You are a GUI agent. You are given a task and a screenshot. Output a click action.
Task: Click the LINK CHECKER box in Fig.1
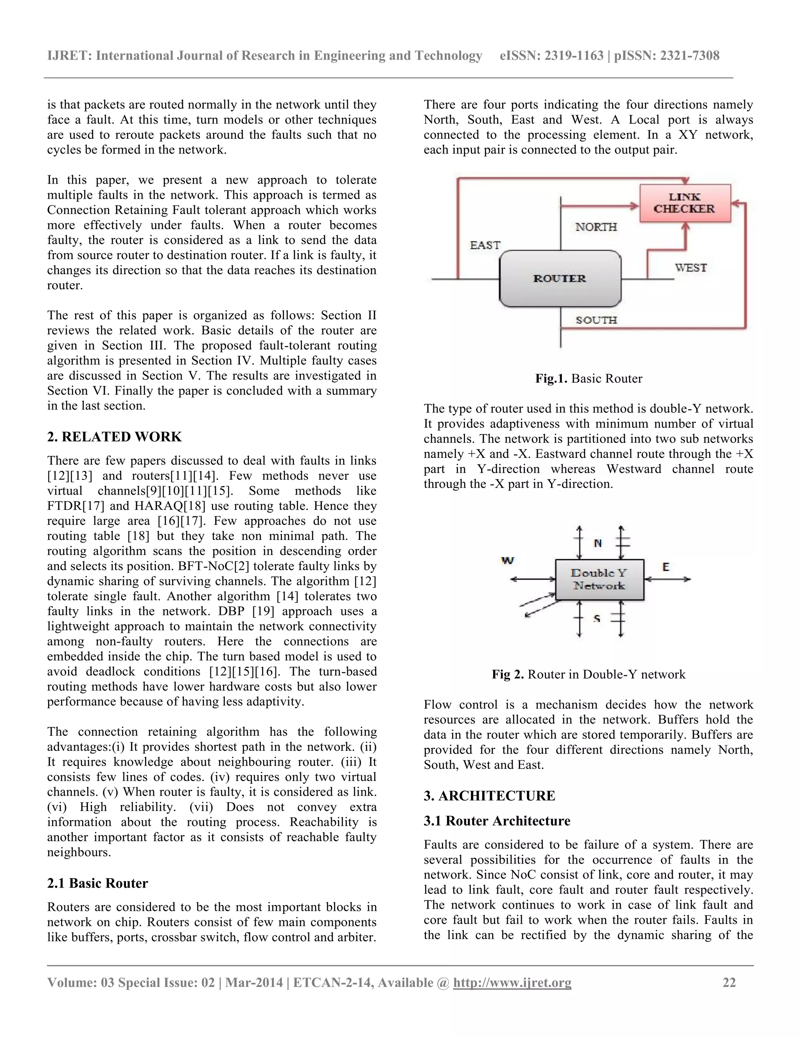tap(684, 203)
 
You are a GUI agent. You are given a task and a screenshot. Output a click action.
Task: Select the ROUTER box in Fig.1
tap(560, 279)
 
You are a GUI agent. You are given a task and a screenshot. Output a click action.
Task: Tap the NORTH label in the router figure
tap(596, 227)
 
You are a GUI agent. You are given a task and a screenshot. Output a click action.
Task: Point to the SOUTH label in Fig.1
tap(596, 320)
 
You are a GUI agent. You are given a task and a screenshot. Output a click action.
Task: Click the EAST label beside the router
tap(485, 245)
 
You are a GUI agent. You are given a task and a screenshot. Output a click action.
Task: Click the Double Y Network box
tap(599, 579)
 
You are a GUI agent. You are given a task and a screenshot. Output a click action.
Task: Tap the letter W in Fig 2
tap(507, 560)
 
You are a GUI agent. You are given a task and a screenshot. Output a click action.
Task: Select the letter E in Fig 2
tap(666, 567)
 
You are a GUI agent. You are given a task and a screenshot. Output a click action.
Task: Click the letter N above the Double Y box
tap(598, 543)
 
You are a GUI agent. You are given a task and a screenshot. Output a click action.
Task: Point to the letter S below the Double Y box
tap(597, 618)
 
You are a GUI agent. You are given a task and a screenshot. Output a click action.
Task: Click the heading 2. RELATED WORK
tap(114, 437)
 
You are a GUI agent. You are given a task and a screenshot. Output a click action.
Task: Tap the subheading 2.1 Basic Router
tap(97, 883)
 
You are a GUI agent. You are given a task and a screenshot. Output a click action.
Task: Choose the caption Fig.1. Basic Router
tap(588, 378)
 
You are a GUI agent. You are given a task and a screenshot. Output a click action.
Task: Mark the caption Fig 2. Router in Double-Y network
tap(588, 674)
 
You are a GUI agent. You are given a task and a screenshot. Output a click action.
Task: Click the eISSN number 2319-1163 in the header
tap(574, 56)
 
